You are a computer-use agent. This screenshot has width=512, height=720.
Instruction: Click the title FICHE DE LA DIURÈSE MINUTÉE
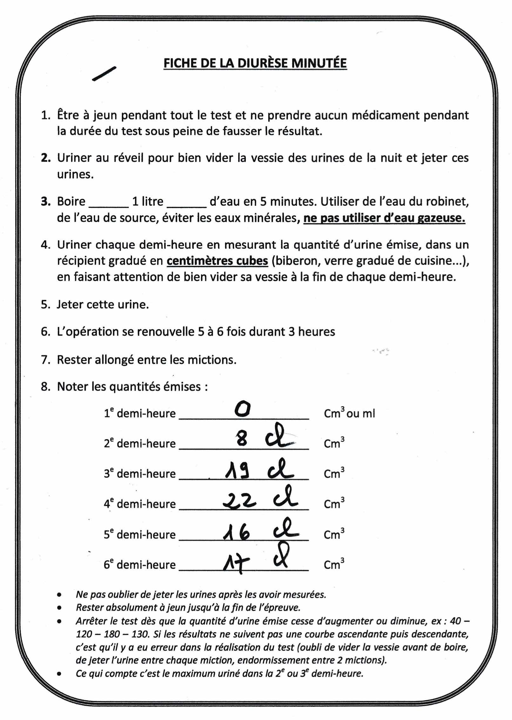(255, 63)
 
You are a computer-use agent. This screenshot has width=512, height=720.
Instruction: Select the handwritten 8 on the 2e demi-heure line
(242, 441)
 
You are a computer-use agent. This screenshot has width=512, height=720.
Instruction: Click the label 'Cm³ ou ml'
(349, 414)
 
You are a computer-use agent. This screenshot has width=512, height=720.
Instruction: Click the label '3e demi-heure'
(140, 474)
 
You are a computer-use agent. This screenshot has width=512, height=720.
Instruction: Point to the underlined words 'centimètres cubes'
(217, 261)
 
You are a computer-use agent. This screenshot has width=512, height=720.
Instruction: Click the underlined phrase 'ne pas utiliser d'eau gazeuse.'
(384, 219)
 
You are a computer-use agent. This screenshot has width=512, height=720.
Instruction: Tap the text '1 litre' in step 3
(148, 202)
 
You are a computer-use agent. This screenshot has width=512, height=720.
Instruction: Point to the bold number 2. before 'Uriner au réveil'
(45, 158)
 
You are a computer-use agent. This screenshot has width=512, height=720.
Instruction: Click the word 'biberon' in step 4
(293, 261)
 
